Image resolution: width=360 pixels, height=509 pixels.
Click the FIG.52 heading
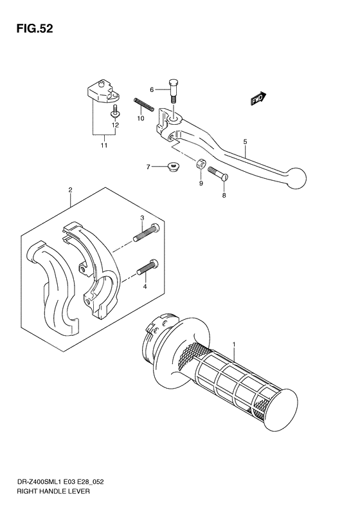[x=31, y=29]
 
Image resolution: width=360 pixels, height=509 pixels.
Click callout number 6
[x=152, y=89]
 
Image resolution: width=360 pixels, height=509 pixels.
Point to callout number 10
[x=140, y=118]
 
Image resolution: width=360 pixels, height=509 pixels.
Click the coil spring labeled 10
[x=145, y=104]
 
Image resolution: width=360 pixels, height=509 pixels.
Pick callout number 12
[x=116, y=125]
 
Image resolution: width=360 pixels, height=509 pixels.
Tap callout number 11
[x=103, y=146]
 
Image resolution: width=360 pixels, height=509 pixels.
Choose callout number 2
[x=69, y=190]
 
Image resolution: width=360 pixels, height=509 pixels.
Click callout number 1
[x=235, y=345]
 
